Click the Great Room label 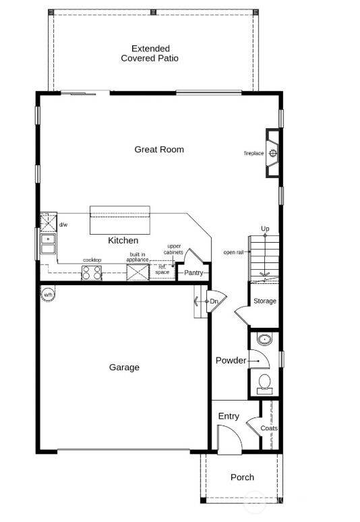coord(159,150)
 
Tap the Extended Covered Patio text coord(150,53)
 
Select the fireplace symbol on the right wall coord(272,153)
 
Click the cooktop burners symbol coord(92,272)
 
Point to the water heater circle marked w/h coord(49,295)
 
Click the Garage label coord(124,368)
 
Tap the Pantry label coord(193,272)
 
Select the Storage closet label coord(264,301)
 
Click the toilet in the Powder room coord(264,382)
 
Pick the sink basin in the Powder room coord(264,339)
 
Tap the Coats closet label coord(269,428)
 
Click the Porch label coord(242,477)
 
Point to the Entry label coord(229,416)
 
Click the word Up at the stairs coord(265,229)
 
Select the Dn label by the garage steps coord(214,301)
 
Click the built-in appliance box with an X coord(138,272)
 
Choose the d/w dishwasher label coord(63,225)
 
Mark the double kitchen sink coord(48,243)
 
